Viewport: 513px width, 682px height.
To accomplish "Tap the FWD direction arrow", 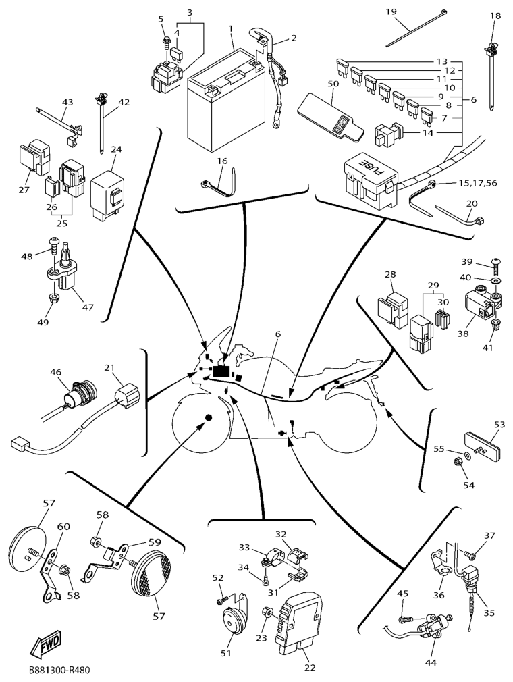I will coord(45,646).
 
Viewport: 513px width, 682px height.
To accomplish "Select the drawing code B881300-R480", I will coord(59,671).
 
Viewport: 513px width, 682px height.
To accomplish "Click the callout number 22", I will coord(310,668).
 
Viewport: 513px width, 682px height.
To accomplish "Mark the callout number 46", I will coord(55,372).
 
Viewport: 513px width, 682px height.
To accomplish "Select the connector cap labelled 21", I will coord(128,397).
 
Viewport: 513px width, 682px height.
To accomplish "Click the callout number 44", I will coord(431,662).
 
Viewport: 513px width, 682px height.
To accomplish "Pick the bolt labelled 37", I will coord(470,555).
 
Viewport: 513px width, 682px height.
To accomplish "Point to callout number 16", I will coord(223,161).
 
